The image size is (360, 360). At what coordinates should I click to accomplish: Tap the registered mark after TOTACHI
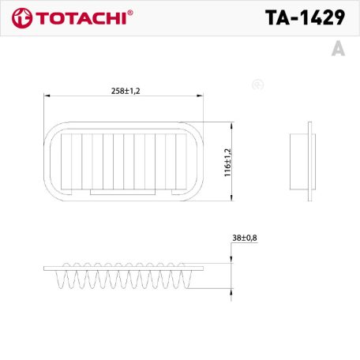(130, 13)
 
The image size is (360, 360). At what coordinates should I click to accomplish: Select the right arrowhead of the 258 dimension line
(204, 96)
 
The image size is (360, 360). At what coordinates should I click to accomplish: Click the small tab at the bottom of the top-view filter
(124, 192)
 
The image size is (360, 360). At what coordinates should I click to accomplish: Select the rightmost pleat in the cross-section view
(186, 279)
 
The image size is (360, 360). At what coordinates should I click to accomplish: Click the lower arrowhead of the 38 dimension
(231, 292)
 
